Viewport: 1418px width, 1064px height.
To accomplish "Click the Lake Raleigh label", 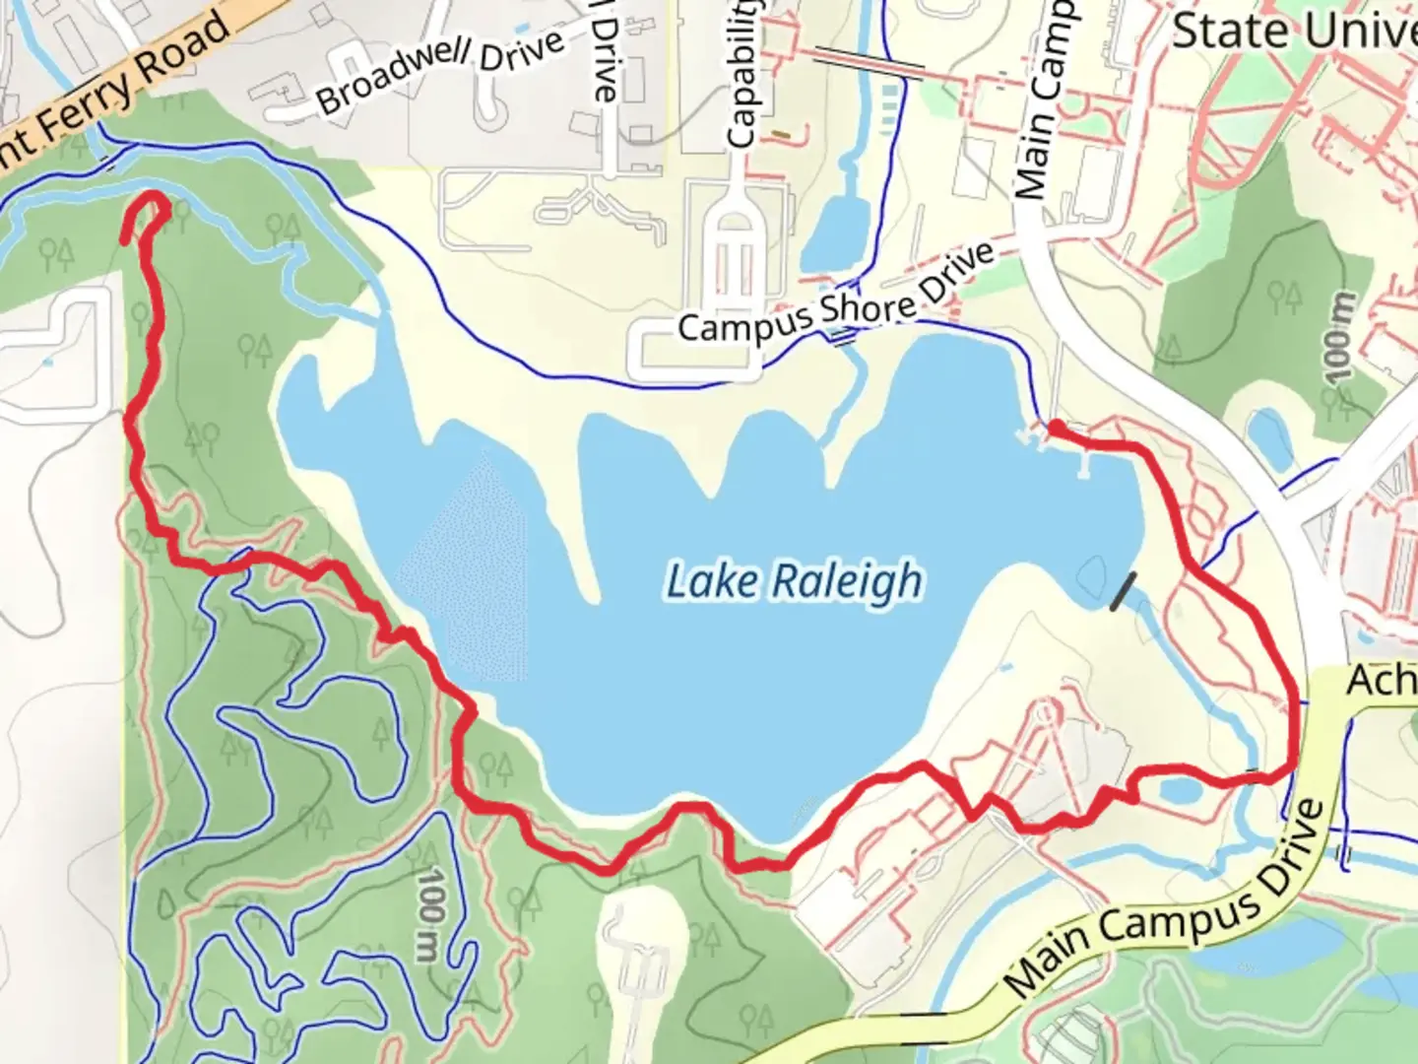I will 794,581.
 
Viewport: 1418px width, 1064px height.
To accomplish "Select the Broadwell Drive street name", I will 441,71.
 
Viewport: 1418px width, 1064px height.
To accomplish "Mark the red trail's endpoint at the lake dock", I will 1054,428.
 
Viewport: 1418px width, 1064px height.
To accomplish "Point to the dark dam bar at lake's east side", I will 1122,591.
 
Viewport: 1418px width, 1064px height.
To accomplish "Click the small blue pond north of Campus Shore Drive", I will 833,232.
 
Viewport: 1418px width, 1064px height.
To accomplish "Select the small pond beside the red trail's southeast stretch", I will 1177,789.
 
